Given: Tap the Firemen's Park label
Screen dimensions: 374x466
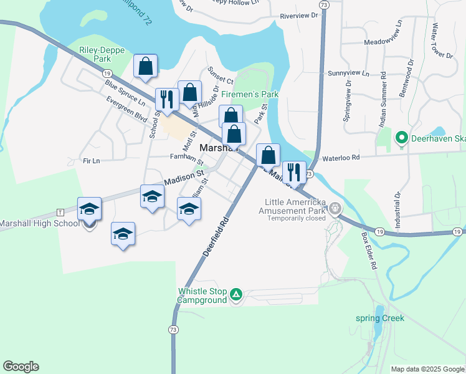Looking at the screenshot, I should (x=250, y=94).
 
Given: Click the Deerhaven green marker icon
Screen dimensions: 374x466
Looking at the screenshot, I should (x=402, y=138).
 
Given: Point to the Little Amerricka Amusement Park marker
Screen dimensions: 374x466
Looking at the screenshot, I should (x=336, y=208).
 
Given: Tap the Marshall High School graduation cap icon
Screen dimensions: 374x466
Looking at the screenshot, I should (x=89, y=208).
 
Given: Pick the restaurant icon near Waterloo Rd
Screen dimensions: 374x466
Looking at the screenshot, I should (x=294, y=172).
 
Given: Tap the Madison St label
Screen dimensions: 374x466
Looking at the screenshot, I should (x=184, y=178).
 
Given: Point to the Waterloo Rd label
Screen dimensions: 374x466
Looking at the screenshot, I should (x=338, y=158).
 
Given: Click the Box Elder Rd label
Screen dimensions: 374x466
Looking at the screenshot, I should (x=369, y=251).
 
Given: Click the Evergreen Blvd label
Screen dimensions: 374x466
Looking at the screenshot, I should (x=126, y=108).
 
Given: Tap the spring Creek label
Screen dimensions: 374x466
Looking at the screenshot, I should (x=380, y=319).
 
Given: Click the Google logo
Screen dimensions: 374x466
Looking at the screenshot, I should (x=21, y=367).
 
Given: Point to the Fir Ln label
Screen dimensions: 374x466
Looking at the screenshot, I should (x=91, y=161).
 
